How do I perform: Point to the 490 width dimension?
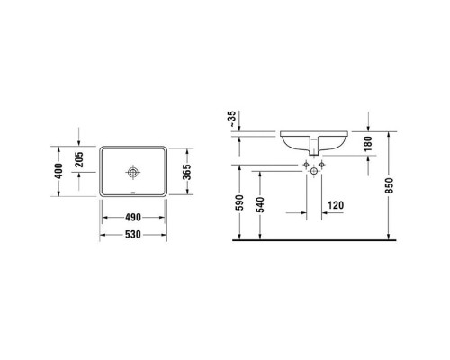click(134, 217)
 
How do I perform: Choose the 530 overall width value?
click(134, 236)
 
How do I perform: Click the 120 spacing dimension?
click(336, 204)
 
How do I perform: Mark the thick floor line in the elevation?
click(315, 241)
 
